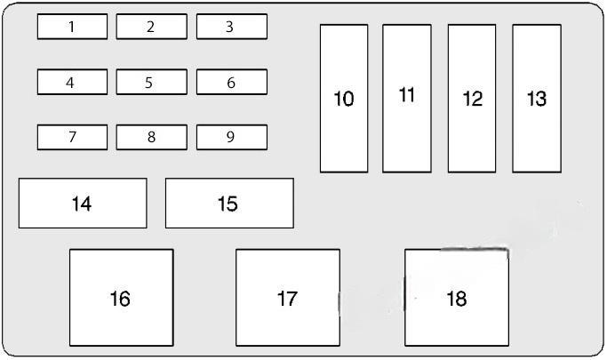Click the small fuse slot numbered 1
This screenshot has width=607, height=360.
click(x=72, y=27)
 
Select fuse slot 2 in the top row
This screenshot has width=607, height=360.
click(x=151, y=27)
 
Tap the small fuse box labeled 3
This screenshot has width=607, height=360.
click(x=231, y=27)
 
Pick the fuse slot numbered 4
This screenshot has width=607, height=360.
click(x=72, y=82)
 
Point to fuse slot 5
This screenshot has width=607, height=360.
click(x=151, y=82)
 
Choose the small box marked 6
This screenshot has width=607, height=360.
click(x=231, y=82)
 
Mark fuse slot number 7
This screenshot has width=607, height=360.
click(x=72, y=137)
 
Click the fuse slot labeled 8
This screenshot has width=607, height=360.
click(x=151, y=137)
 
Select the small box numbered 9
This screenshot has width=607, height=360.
click(x=231, y=137)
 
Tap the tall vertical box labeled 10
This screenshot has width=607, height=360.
click(x=344, y=98)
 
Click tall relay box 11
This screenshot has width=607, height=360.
click(x=407, y=98)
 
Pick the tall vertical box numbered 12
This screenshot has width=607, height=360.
click(x=472, y=98)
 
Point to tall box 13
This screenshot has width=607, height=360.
click(x=537, y=98)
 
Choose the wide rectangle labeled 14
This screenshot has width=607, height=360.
click(x=83, y=204)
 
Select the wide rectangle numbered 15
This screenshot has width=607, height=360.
click(x=229, y=204)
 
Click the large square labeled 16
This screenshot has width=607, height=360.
click(x=121, y=298)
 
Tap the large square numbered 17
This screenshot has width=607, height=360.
click(x=287, y=298)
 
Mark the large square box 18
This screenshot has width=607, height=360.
click(x=457, y=298)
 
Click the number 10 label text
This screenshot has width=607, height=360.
click(x=344, y=99)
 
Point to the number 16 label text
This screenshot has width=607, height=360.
click(x=120, y=299)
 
